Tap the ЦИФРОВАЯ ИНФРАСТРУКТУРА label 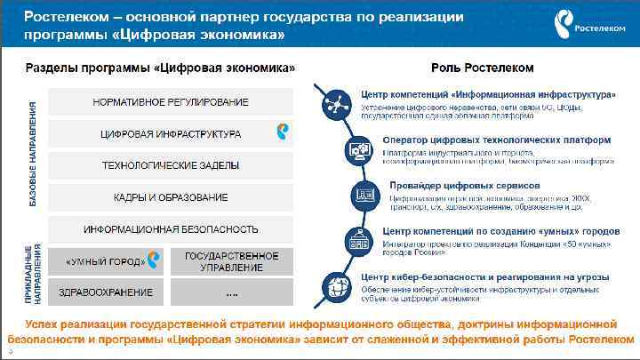click(171, 134)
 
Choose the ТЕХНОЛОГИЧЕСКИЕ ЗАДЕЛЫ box click(171, 165)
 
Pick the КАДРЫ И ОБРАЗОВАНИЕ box click(171, 196)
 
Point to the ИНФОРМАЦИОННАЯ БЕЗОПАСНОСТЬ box click(171, 228)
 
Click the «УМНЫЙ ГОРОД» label click(105, 261)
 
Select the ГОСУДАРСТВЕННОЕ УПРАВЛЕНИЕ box click(231, 261)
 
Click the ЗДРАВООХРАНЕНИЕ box click(105, 292)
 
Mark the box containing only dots click(231, 292)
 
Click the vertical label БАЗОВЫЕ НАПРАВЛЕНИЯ click(33, 155)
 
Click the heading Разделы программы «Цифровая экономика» click(160, 68)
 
